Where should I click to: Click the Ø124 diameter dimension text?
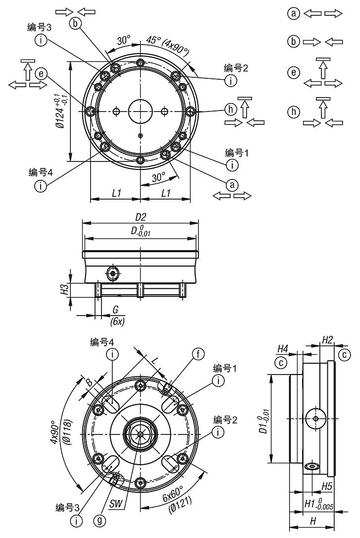(x=60, y=112)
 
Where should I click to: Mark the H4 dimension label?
(x=284, y=349)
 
